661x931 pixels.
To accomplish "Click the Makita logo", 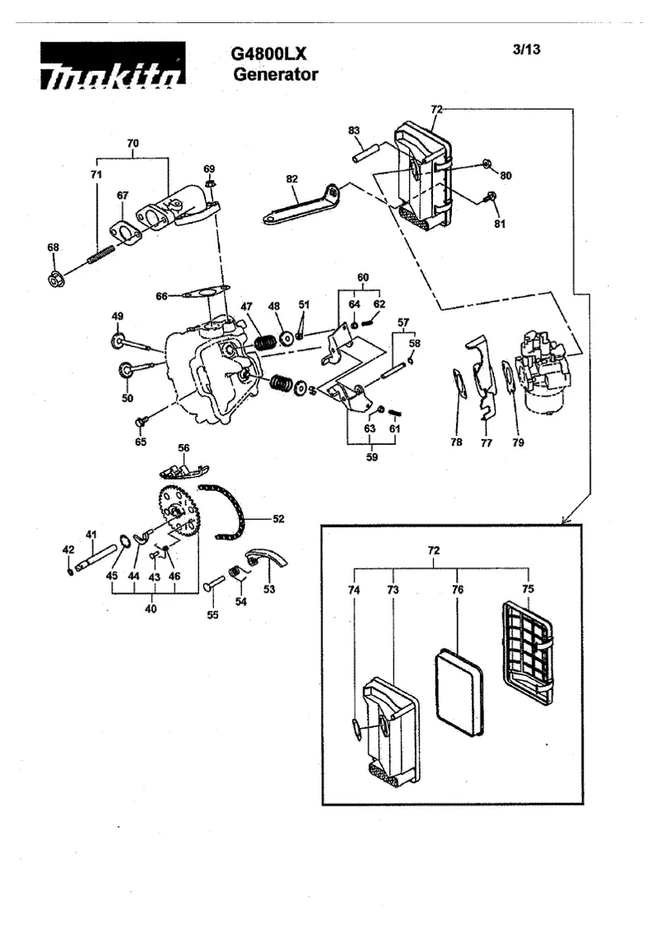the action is tap(113, 65).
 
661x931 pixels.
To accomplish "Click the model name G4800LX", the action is tap(269, 54).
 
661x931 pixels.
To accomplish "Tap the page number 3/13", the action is tap(526, 50).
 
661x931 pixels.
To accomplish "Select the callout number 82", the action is tap(292, 179).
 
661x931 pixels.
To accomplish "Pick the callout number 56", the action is tap(183, 447).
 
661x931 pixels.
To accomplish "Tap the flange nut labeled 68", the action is tap(56, 277).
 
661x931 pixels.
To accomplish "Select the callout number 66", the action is tap(162, 295).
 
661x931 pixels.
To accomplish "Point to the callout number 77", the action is tap(487, 442).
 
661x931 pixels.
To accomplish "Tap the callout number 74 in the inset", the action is tap(354, 589).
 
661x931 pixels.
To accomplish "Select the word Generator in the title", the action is tap(276, 75).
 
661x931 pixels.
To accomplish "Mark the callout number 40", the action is tap(151, 608).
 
